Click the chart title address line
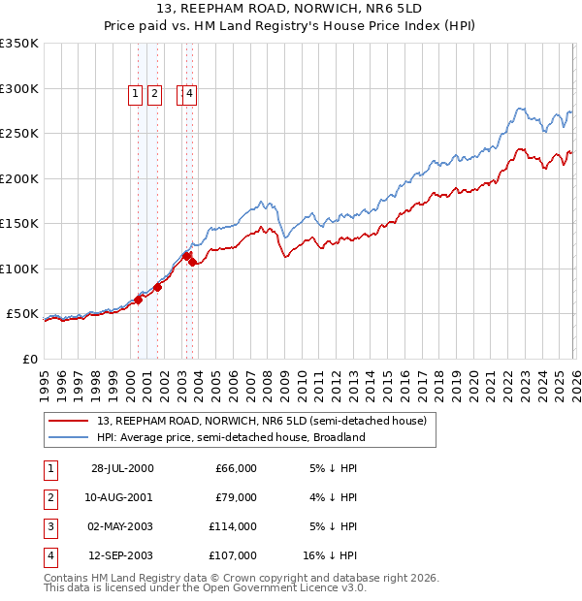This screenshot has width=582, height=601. click(x=290, y=11)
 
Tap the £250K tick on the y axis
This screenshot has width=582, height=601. click(x=18, y=134)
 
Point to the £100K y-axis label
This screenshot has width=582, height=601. click(x=18, y=269)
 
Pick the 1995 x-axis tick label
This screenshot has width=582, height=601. click(x=45, y=377)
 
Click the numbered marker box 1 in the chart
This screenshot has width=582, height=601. click(x=135, y=94)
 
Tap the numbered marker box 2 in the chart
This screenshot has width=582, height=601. click(x=154, y=94)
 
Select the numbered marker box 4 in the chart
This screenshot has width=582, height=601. click(x=189, y=94)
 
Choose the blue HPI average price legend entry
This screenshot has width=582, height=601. click(x=230, y=437)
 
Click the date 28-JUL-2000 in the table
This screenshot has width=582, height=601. click(x=121, y=468)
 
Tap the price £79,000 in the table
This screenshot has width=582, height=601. click(x=236, y=497)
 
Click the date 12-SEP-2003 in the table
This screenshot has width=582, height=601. click(x=121, y=555)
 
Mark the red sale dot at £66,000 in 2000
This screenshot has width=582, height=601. click(x=139, y=300)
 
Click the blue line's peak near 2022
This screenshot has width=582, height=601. click(x=521, y=109)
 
